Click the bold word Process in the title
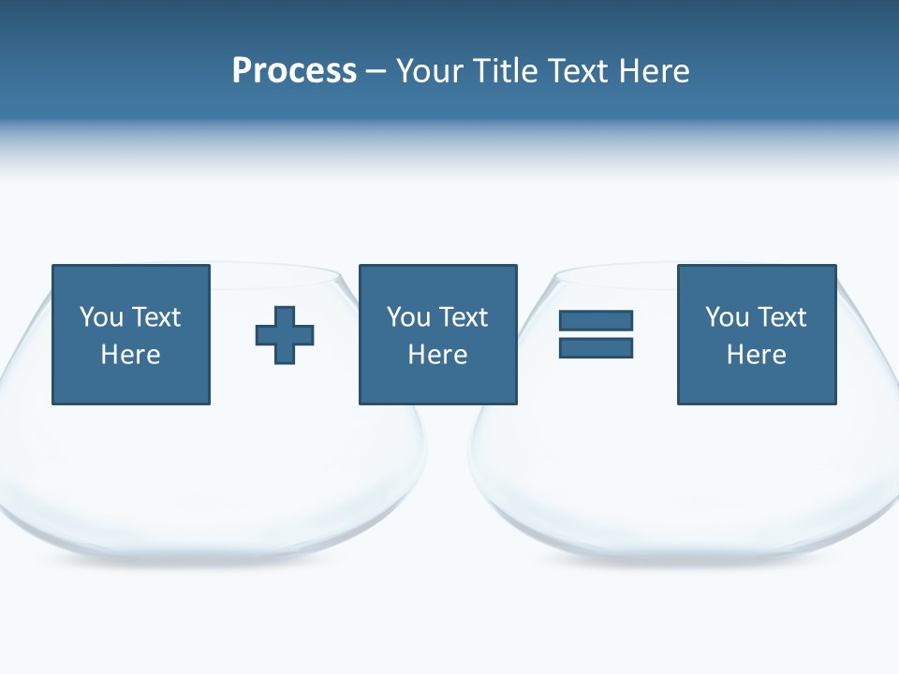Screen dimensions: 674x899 [294, 71]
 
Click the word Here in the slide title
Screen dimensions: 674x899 [655, 71]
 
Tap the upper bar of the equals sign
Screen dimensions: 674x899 [596, 321]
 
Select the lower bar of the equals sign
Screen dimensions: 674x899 [596, 347]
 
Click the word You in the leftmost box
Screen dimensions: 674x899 [101, 317]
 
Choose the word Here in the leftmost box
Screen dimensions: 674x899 [130, 355]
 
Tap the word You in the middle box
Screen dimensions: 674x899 [408, 317]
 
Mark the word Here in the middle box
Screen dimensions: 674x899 [437, 355]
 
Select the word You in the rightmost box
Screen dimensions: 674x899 [727, 317]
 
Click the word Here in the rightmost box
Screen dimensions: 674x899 [756, 355]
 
